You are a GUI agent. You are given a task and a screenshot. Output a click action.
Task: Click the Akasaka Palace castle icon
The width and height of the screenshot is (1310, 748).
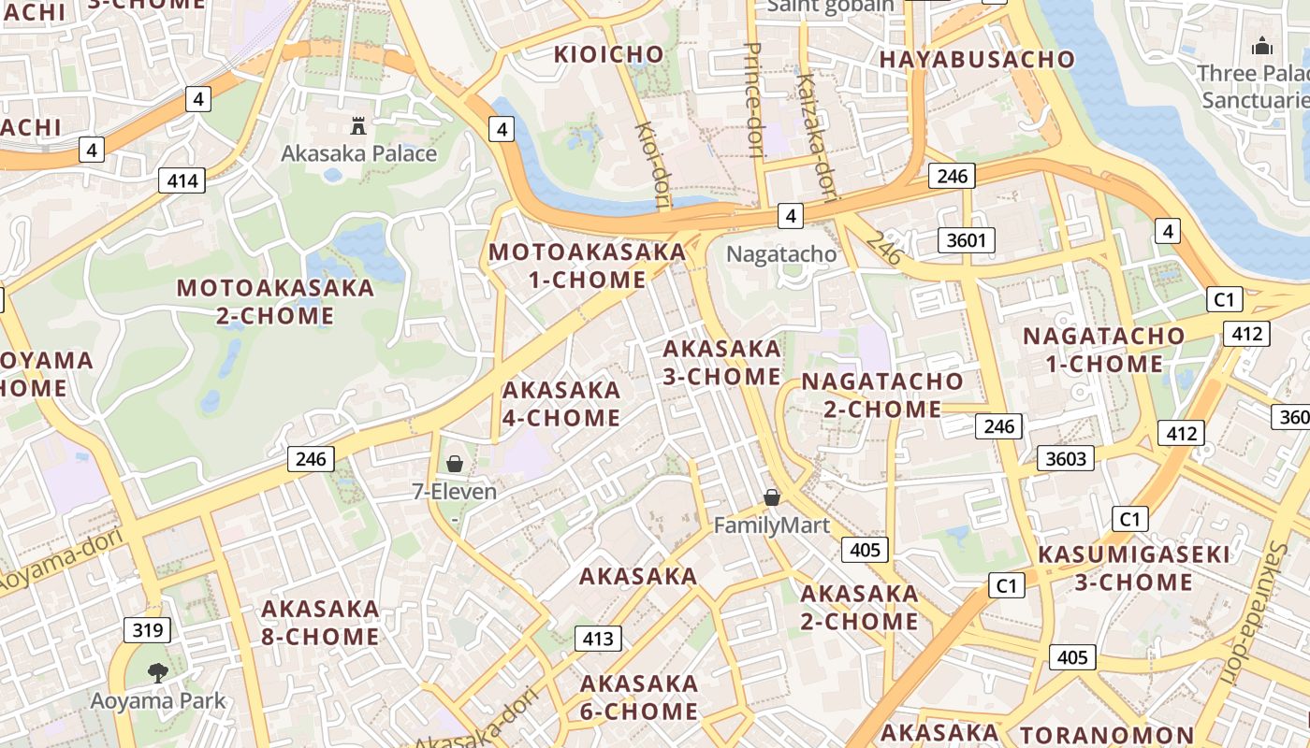click(357, 125)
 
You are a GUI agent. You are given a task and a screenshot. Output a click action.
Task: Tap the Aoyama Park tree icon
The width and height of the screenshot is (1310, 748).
click(158, 671)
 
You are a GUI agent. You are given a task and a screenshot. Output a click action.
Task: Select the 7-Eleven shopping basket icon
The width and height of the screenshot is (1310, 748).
click(455, 464)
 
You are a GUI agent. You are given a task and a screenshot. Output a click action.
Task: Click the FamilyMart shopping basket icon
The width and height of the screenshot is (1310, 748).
click(772, 497)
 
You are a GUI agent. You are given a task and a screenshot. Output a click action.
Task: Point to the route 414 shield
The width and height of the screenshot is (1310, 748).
click(182, 180)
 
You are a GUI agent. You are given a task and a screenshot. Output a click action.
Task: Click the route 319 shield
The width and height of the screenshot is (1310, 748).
click(148, 629)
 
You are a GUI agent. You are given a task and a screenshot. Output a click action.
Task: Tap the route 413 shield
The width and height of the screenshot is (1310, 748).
click(598, 639)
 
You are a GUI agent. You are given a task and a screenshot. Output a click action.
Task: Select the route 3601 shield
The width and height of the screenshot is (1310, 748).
click(967, 240)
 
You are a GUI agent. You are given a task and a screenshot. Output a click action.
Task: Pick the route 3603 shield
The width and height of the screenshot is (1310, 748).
click(1067, 458)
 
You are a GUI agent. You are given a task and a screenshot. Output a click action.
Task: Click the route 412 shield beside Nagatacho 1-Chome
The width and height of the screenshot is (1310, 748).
click(1246, 333)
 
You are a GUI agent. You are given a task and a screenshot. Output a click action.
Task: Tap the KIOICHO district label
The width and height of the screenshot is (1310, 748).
click(609, 54)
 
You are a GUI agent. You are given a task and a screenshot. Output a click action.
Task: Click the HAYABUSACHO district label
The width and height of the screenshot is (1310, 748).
click(977, 59)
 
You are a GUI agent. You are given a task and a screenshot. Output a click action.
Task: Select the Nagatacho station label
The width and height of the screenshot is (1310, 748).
click(781, 253)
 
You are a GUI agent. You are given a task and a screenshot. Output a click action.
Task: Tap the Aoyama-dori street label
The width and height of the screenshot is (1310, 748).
click(62, 564)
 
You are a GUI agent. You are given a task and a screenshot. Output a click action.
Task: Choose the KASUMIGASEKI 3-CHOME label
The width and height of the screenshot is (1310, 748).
click(1134, 568)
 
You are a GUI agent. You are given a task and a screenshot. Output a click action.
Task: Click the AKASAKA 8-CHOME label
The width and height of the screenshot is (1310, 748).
click(320, 623)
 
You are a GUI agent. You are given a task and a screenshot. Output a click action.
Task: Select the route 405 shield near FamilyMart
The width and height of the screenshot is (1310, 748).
click(864, 549)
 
